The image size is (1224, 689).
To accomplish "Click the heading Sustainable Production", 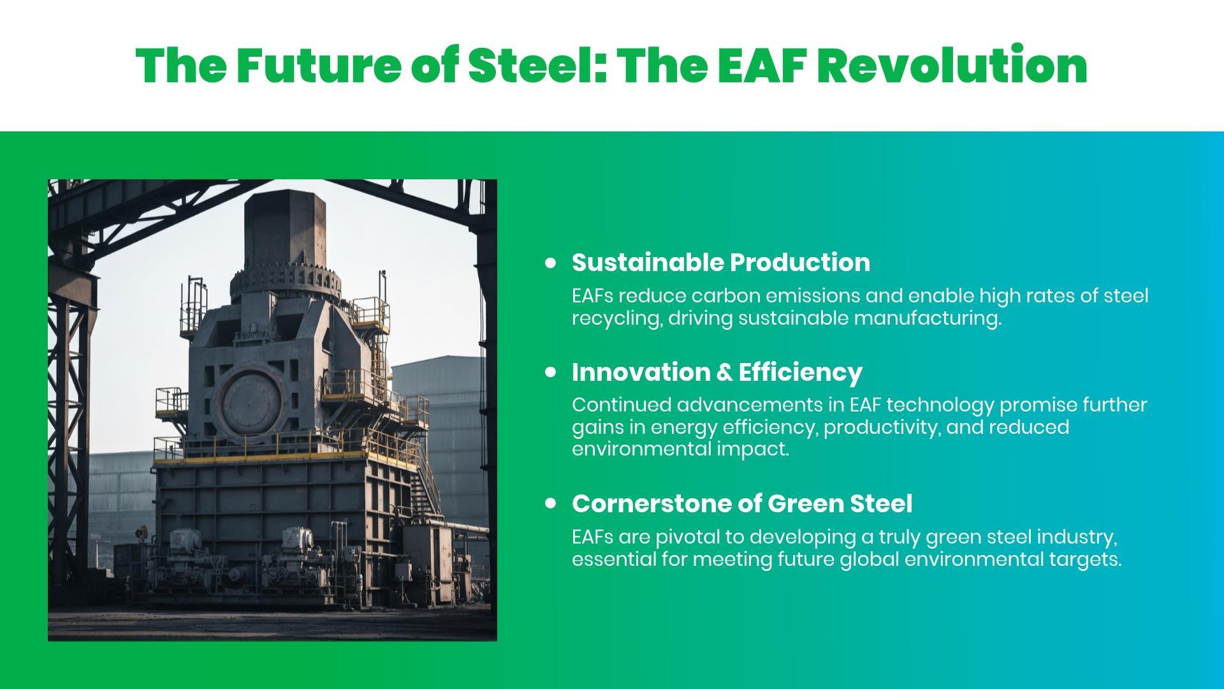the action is click(721, 263).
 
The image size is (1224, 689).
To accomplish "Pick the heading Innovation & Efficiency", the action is click(717, 372).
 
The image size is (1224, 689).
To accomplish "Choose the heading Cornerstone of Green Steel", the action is click(742, 503).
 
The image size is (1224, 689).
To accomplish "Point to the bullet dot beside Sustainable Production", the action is click(551, 262).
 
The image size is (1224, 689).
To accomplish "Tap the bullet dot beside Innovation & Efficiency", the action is click(551, 372).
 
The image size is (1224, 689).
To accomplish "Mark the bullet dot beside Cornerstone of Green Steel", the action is click(551, 503).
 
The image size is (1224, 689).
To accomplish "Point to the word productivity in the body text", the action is click(882, 427).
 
